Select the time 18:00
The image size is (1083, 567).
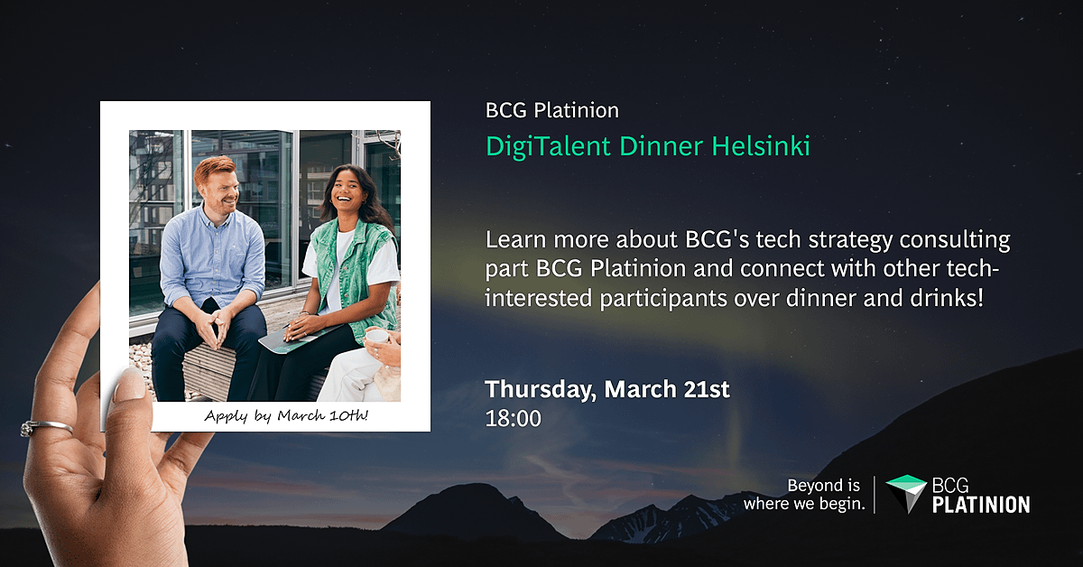pyautogui.click(x=513, y=419)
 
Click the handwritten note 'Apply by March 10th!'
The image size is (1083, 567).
pyautogui.click(x=286, y=415)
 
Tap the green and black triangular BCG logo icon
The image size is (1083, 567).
pyautogui.click(x=906, y=494)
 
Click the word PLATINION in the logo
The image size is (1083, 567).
pyautogui.click(x=981, y=505)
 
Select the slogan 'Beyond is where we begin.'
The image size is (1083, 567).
pyautogui.click(x=804, y=495)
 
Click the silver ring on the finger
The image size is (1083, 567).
pyautogui.click(x=46, y=427)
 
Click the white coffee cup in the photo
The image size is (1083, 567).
pyautogui.click(x=376, y=336)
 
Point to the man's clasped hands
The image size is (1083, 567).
pyautogui.click(x=215, y=329)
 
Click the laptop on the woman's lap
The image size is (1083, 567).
pyautogui.click(x=300, y=339)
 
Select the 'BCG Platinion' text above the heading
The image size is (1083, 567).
pyautogui.click(x=552, y=111)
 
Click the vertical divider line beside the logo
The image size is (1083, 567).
pyautogui.click(x=875, y=495)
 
